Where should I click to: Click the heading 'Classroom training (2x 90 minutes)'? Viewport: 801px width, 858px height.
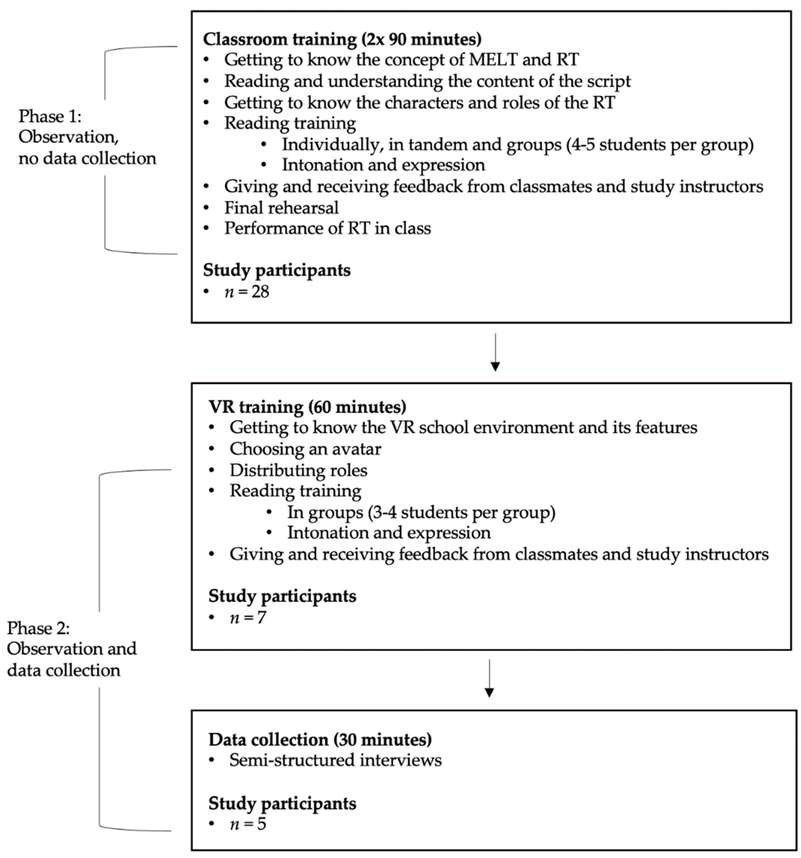click(x=342, y=39)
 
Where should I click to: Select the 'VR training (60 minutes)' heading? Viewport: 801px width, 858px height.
click(x=307, y=407)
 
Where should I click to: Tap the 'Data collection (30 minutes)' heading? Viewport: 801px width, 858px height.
click(x=320, y=739)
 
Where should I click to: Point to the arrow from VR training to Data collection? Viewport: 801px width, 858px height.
click(x=489, y=678)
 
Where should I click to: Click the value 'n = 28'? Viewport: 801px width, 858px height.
click(x=247, y=292)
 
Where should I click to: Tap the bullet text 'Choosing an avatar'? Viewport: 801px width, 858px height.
click(x=305, y=449)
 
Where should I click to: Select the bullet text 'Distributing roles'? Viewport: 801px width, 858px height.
click(x=298, y=470)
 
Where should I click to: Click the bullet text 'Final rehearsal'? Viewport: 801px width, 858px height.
click(x=281, y=207)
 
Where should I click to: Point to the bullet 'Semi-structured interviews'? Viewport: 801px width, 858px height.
click(x=335, y=760)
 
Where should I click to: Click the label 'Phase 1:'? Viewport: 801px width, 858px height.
click(x=50, y=116)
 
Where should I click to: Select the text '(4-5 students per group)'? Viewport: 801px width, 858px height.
click(x=660, y=145)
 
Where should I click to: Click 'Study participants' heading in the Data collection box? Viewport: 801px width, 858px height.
click(x=282, y=803)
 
